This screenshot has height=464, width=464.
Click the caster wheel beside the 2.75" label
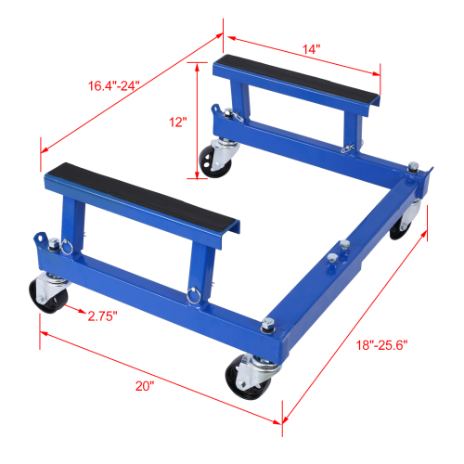click(x=45, y=295)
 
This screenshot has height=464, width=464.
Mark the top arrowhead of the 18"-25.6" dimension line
click(x=429, y=213)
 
